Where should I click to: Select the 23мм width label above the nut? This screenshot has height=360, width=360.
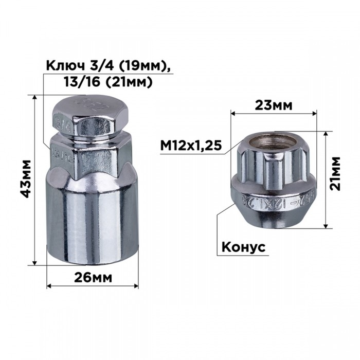pos(274,105)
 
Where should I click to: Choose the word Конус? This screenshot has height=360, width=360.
pos(243,247)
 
